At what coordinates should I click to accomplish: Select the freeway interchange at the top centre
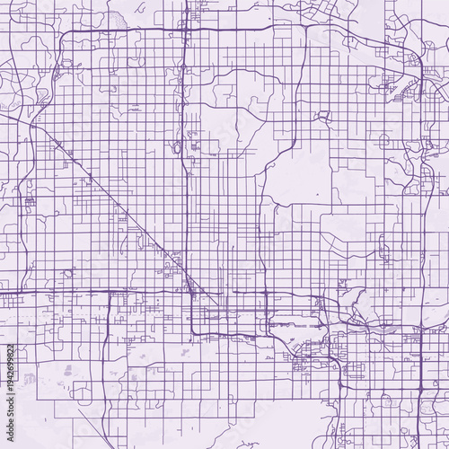[x=185, y=31]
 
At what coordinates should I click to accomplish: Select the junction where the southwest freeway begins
[x=110, y=292]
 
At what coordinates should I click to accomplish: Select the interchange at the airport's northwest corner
[x=269, y=320]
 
